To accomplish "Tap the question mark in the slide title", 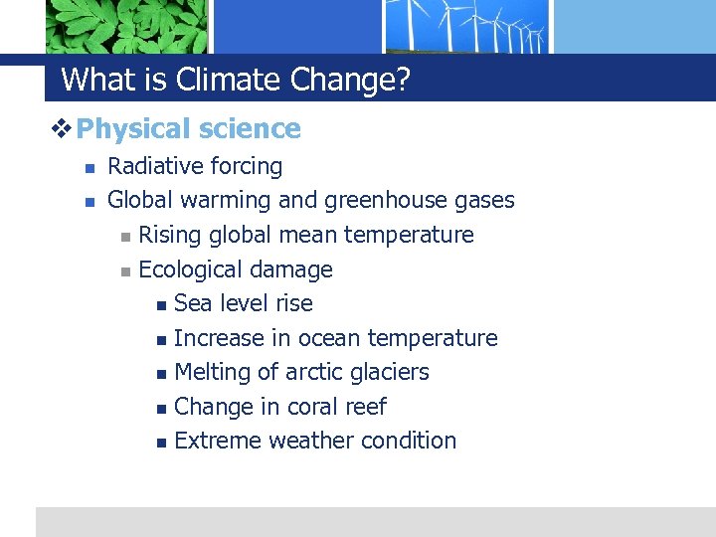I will (x=402, y=80).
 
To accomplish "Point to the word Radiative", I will (x=152, y=166).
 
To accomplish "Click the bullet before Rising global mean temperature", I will (x=124, y=237).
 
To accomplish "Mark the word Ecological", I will (x=187, y=269).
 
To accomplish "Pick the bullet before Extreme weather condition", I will (x=161, y=442).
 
